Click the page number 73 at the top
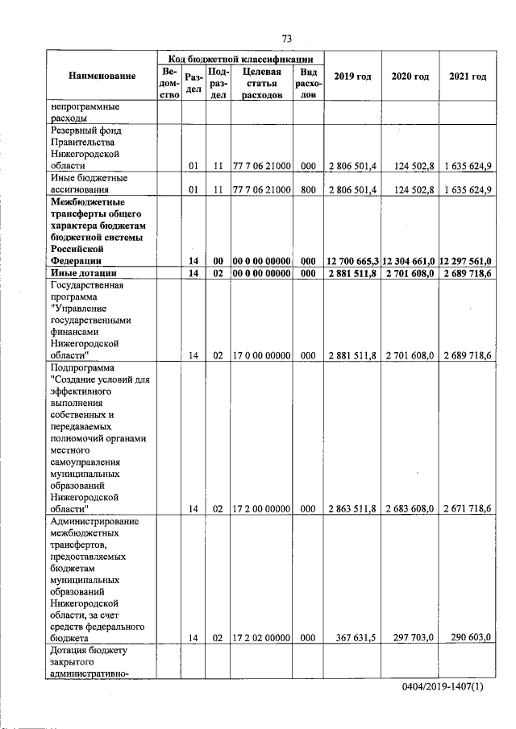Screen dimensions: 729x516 [x=285, y=39]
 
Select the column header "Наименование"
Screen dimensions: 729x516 [x=102, y=77]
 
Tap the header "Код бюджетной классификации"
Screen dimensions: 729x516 [x=240, y=59]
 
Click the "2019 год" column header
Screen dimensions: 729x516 [x=352, y=77]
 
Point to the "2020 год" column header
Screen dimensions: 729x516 [x=410, y=77]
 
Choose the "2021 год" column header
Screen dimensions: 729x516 [x=468, y=77]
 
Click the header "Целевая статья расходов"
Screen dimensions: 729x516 [x=261, y=83]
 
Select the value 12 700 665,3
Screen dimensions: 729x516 [x=352, y=261]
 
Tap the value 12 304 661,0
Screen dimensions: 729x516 [x=410, y=261]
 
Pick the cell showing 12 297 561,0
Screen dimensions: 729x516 [x=467, y=261]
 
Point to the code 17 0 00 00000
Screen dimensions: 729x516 [x=261, y=354]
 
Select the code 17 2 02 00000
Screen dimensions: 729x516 [x=261, y=637]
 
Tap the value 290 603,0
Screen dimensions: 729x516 [x=472, y=637]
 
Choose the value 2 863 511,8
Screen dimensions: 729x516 [x=353, y=508]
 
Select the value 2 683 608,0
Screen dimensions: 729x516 [x=410, y=508]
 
